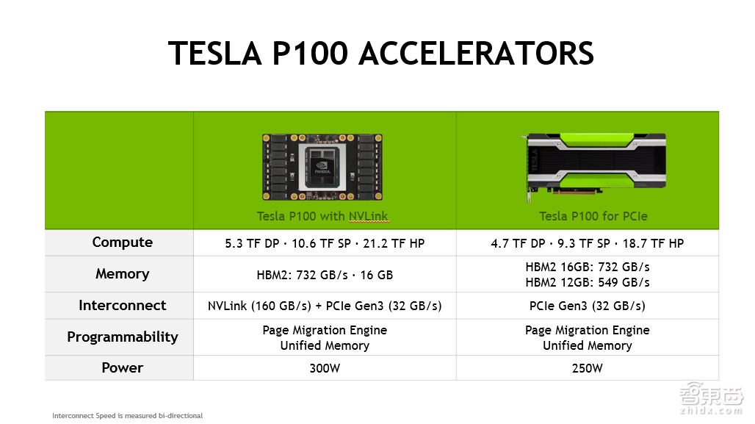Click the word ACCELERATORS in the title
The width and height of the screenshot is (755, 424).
coord(477,54)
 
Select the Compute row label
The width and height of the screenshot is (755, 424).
coord(123,242)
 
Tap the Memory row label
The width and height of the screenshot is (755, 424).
coord(123,274)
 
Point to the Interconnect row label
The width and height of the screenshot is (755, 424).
coord(123,306)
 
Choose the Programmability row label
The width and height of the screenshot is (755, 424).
coord(123,337)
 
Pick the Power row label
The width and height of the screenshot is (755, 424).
coord(123,368)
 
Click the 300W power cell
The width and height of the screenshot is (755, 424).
coord(325,368)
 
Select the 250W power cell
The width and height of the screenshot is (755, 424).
coord(587,368)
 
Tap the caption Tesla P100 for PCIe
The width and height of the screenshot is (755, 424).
coord(593,216)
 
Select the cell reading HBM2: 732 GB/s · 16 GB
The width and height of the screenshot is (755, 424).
coord(325,275)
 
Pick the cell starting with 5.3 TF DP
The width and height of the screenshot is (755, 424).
coord(325,243)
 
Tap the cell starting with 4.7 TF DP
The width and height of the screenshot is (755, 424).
coord(588,243)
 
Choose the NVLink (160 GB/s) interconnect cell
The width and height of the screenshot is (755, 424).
coord(325,306)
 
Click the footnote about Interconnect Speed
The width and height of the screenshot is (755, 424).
coord(127,416)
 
